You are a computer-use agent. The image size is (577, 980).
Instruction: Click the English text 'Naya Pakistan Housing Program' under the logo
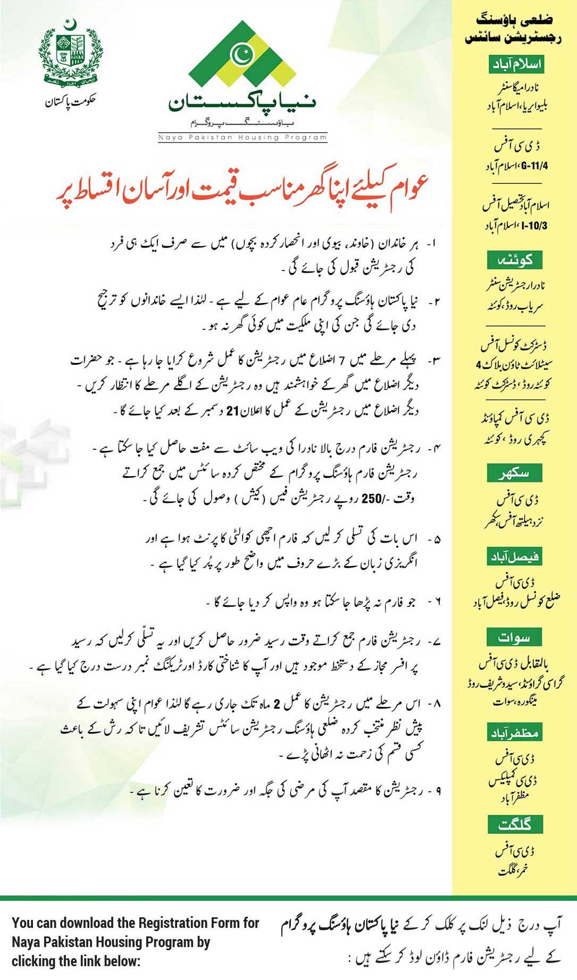[242, 137]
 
